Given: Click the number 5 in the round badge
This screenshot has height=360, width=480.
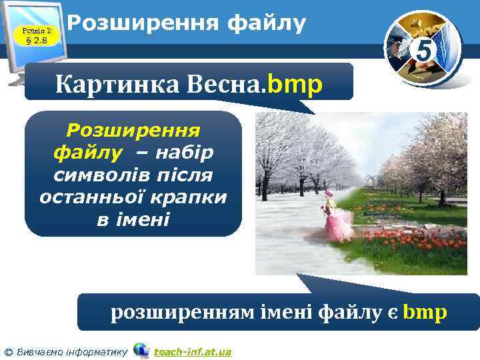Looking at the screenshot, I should point(422,49).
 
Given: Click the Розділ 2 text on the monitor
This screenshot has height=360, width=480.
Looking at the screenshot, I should point(33,29).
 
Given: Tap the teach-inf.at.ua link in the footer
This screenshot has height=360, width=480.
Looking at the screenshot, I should point(193,351).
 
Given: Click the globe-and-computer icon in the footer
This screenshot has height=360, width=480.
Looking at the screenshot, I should point(141,350).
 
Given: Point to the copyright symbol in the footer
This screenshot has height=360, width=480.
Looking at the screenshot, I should point(8,351).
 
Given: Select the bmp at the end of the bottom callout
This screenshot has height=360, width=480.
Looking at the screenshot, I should point(426,311).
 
